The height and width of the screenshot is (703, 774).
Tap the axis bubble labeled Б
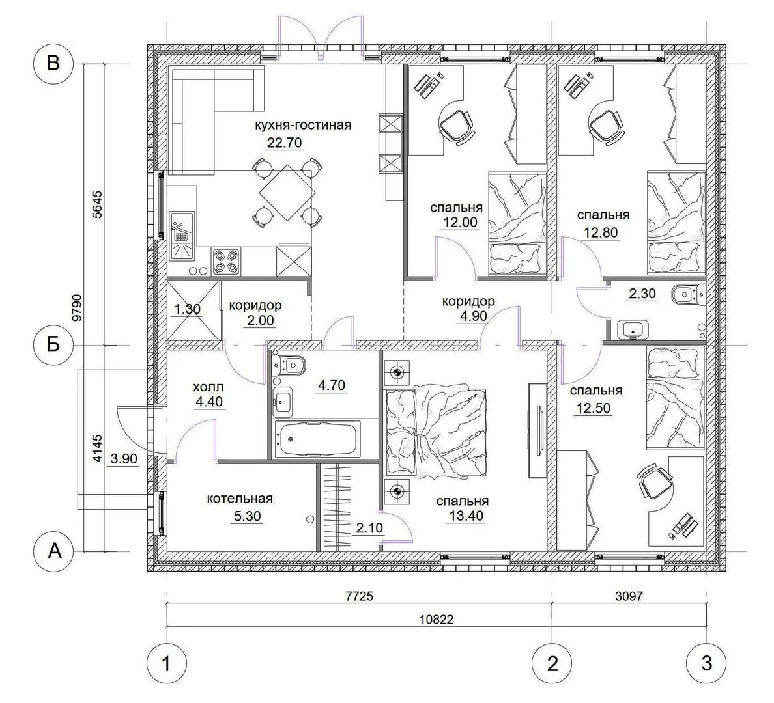coord(53,344)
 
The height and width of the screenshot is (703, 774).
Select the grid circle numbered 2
coord(552,663)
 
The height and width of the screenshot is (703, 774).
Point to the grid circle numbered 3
coord(706,663)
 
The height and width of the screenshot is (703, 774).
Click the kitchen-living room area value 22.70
coord(284,143)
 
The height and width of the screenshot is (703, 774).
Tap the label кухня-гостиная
coord(303,125)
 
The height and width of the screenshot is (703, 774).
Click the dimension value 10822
coord(436,619)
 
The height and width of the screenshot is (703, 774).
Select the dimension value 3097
coord(629,596)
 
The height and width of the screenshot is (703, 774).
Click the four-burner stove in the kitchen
coord(226,262)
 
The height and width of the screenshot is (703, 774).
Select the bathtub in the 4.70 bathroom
coord(317,439)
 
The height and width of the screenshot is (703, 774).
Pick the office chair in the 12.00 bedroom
coord(457,126)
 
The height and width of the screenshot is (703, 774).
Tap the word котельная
coord(240,498)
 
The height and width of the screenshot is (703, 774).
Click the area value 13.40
coord(466,517)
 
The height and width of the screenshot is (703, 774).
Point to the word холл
coord(208,387)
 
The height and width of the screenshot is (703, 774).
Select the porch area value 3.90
coord(123,460)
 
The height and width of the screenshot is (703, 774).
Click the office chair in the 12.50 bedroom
coord(655,483)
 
